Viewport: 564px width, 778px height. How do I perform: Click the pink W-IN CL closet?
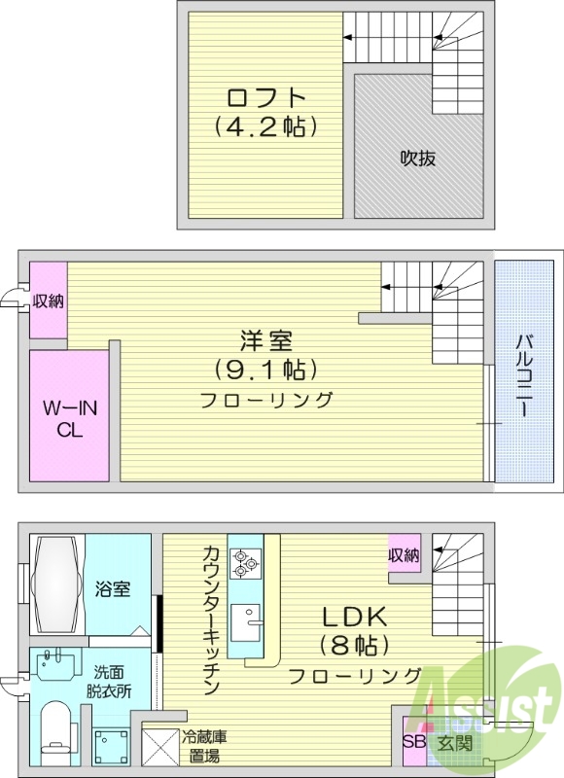pyautogui.click(x=68, y=415)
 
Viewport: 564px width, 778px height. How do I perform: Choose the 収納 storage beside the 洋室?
pyautogui.click(x=48, y=301)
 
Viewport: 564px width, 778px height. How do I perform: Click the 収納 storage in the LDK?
pyautogui.click(x=405, y=555)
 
